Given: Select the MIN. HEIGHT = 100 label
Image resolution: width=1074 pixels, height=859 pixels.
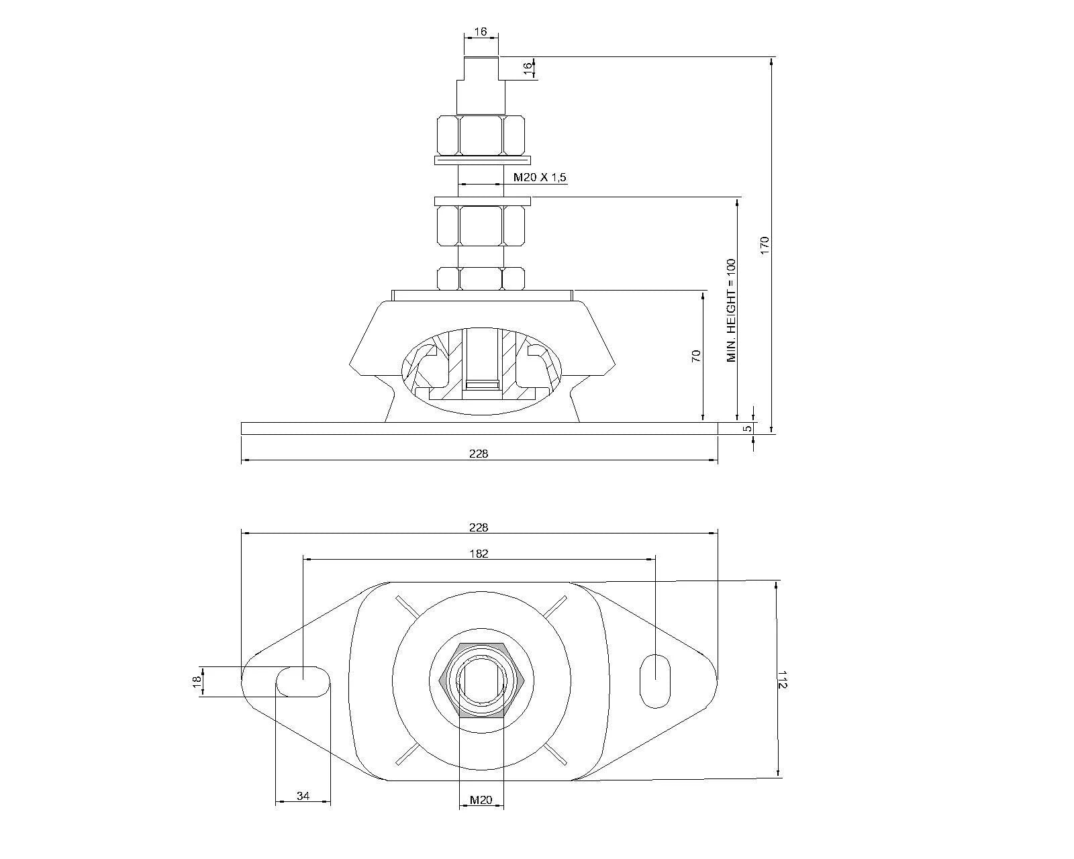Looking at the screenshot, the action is (x=731, y=311).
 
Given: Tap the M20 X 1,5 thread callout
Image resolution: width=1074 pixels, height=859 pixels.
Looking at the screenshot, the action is (x=540, y=177).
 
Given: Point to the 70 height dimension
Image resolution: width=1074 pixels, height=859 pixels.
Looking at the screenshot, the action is (x=696, y=356).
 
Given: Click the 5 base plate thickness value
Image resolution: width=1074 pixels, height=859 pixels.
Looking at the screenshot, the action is (x=747, y=427).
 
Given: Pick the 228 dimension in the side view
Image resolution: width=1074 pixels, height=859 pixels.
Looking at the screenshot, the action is (x=479, y=453).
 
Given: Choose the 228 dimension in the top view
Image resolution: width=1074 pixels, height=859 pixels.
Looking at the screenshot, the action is (x=479, y=527).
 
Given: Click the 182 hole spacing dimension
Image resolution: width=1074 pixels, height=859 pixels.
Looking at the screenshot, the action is (x=479, y=554).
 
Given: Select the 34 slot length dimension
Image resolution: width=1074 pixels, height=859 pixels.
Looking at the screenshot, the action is (x=303, y=796).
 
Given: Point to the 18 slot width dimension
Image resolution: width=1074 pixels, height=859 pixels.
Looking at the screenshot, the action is (x=197, y=681).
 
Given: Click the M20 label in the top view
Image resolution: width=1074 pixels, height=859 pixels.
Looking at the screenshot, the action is (x=481, y=799).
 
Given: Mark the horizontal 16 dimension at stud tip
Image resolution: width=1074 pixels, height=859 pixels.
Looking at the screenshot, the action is (x=480, y=32).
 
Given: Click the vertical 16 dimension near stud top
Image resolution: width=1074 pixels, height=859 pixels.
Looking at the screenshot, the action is (x=528, y=66).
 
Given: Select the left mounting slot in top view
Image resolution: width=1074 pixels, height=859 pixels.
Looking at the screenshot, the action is (x=303, y=681).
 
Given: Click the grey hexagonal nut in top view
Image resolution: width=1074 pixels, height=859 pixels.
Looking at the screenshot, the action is (x=481, y=679).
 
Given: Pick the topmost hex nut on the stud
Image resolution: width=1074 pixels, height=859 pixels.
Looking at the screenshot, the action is (x=481, y=134).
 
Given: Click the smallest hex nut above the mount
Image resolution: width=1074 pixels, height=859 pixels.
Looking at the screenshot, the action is (x=481, y=278).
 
